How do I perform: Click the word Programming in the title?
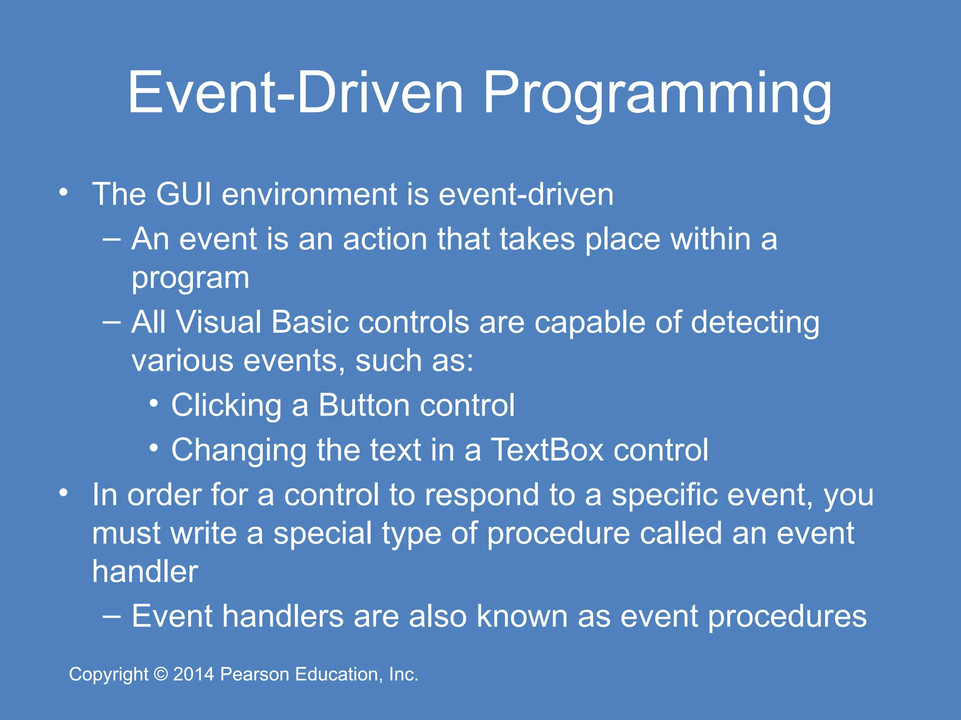pos(657,94)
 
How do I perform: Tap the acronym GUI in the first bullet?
pos(183,194)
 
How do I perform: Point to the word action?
pos(385,239)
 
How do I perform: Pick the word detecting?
pos(755,324)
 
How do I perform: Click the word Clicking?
pos(226,406)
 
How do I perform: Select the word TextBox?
pos(547,450)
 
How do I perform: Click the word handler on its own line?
pos(145,572)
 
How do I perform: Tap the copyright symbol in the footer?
pos(161,675)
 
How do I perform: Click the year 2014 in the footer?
pos(193,675)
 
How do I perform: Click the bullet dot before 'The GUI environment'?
pos(63,192)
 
